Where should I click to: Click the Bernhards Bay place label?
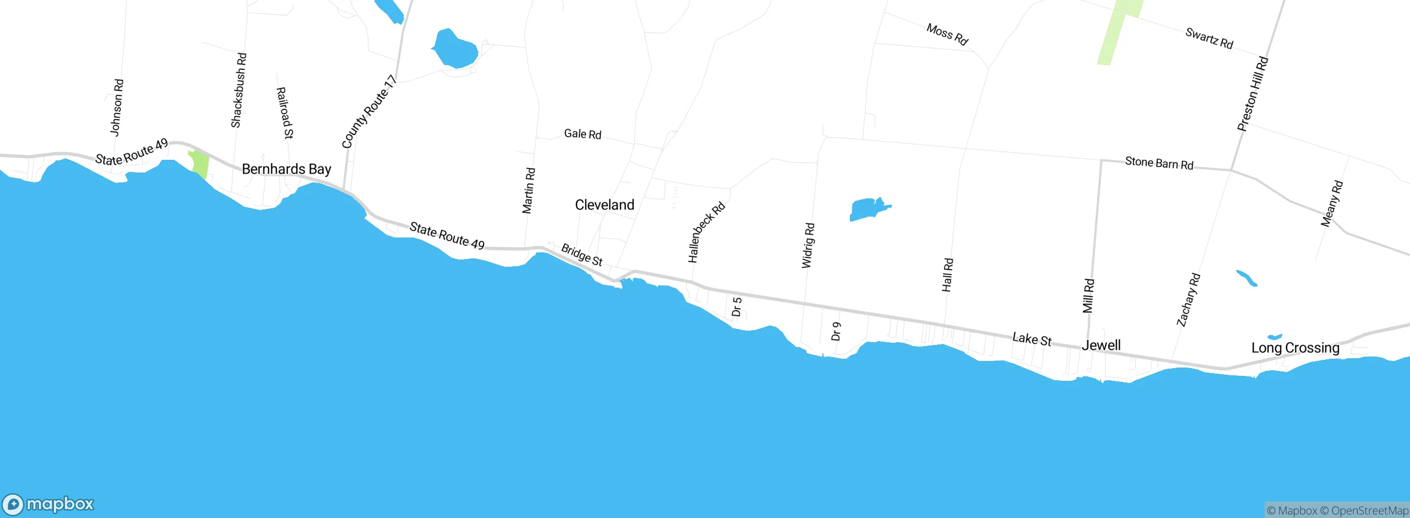pos(286,169)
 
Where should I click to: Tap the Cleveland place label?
pos(604,205)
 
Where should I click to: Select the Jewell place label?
pos(1101,346)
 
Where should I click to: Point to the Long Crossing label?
pos(1295,348)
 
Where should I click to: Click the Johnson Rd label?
pos(117,107)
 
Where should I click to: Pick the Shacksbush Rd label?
pos(238,90)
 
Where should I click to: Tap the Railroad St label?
pos(284,112)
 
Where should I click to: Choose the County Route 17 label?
pos(368,112)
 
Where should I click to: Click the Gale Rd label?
pos(582,134)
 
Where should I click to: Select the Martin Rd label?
pos(528,190)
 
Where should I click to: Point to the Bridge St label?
pos(582,255)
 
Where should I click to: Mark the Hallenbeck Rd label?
pos(706,232)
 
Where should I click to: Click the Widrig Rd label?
pos(808,245)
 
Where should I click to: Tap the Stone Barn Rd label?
pos(1159,163)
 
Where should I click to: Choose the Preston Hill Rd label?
pos(1252,94)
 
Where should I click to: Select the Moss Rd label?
pos(947,34)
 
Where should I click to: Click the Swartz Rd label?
pos(1209,39)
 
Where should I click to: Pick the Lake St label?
pos(1032,339)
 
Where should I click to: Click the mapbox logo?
pos(48,504)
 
